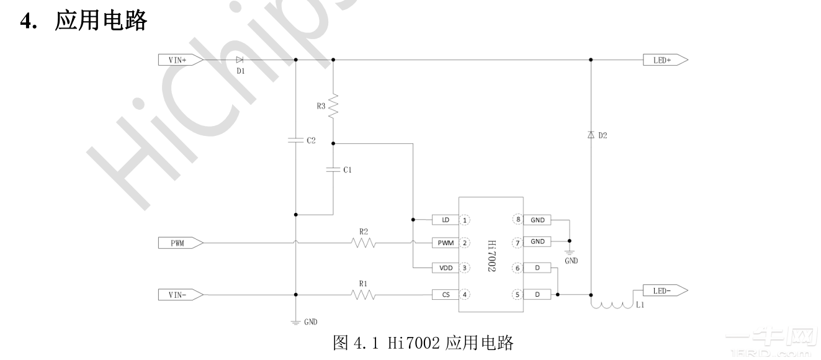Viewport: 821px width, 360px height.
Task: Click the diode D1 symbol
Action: point(240,60)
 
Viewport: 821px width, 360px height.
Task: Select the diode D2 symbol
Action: point(590,135)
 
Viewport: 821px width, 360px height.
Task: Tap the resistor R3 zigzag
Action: point(333,105)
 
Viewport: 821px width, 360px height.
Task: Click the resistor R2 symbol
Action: point(364,243)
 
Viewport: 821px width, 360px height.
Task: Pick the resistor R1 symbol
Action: point(364,295)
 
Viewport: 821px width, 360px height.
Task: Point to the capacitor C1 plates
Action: point(333,169)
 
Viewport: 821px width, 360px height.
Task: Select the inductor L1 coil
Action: point(611,305)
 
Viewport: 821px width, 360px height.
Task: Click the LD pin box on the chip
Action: point(445,220)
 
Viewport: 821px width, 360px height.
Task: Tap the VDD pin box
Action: point(445,268)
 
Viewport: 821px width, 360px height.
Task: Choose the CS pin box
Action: point(445,295)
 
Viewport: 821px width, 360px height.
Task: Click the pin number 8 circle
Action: point(516,220)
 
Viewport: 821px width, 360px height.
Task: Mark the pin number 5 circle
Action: point(516,295)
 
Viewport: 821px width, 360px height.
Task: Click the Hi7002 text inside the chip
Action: point(491,258)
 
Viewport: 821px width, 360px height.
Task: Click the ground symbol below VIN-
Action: point(295,321)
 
